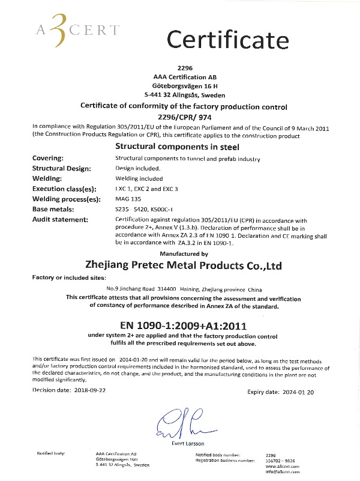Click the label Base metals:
(x=53, y=209)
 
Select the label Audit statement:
(x=59, y=219)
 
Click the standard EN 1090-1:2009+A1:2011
(x=184, y=325)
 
